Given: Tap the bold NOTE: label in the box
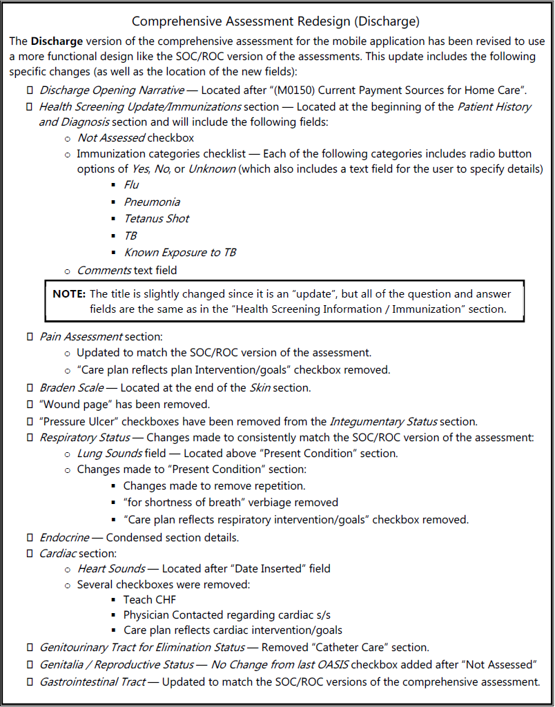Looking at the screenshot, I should pyautogui.click(x=70, y=294).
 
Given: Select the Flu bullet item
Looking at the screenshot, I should pyautogui.click(x=131, y=184).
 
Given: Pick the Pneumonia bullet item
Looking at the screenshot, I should pyautogui.click(x=152, y=202).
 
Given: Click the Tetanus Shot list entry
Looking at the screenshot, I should pyautogui.click(x=156, y=218).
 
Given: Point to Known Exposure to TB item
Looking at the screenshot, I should pyautogui.click(x=179, y=252).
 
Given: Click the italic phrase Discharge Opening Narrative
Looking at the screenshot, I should pyautogui.click(x=112, y=90).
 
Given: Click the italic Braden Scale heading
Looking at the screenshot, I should pyautogui.click(x=72, y=387).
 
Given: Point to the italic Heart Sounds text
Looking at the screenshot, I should pyautogui.click(x=111, y=568).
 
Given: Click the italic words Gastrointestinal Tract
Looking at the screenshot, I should pyautogui.click(x=92, y=681).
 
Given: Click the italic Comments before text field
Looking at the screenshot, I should pyautogui.click(x=104, y=270).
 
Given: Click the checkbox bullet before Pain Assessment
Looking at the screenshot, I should pyautogui.click(x=30, y=336).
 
